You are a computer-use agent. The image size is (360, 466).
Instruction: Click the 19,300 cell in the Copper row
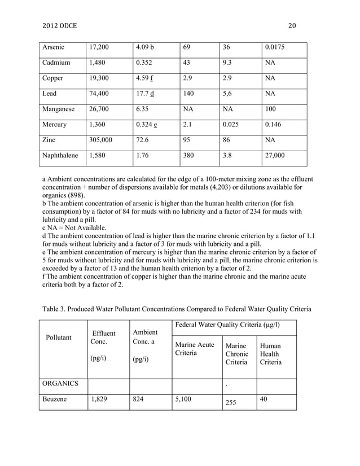pos(99,78)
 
